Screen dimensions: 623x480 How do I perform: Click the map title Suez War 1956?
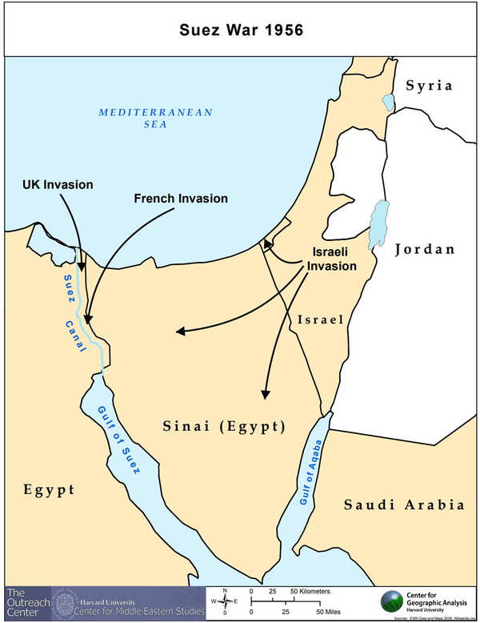[x=240, y=30]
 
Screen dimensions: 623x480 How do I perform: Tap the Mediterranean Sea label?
[x=155, y=119]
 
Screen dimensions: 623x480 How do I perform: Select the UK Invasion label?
[x=57, y=185]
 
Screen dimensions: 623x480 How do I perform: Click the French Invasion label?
[x=181, y=198]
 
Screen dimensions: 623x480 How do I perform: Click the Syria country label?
[x=428, y=86]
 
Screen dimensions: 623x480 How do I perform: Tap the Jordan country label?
[x=425, y=249]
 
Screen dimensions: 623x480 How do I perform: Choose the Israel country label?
[x=320, y=320]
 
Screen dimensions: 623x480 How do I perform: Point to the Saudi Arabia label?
[x=404, y=504]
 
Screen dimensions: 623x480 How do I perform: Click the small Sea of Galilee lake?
[x=388, y=102]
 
